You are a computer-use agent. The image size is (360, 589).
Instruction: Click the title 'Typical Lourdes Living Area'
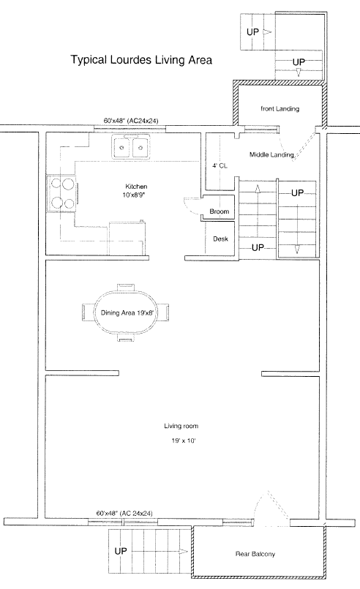141,60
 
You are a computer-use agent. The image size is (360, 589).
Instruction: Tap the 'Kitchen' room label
136,187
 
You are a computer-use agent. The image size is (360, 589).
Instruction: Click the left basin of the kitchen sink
121,148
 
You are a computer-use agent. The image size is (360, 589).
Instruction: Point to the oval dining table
126,312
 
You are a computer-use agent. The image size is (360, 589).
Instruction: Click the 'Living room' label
181,426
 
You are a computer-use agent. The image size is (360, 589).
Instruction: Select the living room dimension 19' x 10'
184,440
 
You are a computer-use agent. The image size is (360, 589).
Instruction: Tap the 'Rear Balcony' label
255,554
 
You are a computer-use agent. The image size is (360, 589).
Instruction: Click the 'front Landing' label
280,108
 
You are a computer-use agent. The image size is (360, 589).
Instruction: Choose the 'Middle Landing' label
271,154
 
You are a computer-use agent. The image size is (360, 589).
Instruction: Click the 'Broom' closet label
220,211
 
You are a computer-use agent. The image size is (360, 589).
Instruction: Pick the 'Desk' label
220,239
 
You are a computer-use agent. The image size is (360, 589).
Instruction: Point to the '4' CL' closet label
220,165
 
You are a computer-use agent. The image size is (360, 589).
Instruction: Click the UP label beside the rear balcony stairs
121,551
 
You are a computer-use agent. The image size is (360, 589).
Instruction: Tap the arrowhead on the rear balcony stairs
184,552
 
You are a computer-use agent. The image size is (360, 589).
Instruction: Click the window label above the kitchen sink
131,121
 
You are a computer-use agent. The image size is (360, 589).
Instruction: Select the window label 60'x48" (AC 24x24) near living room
124,513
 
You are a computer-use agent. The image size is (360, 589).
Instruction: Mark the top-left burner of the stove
56,184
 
